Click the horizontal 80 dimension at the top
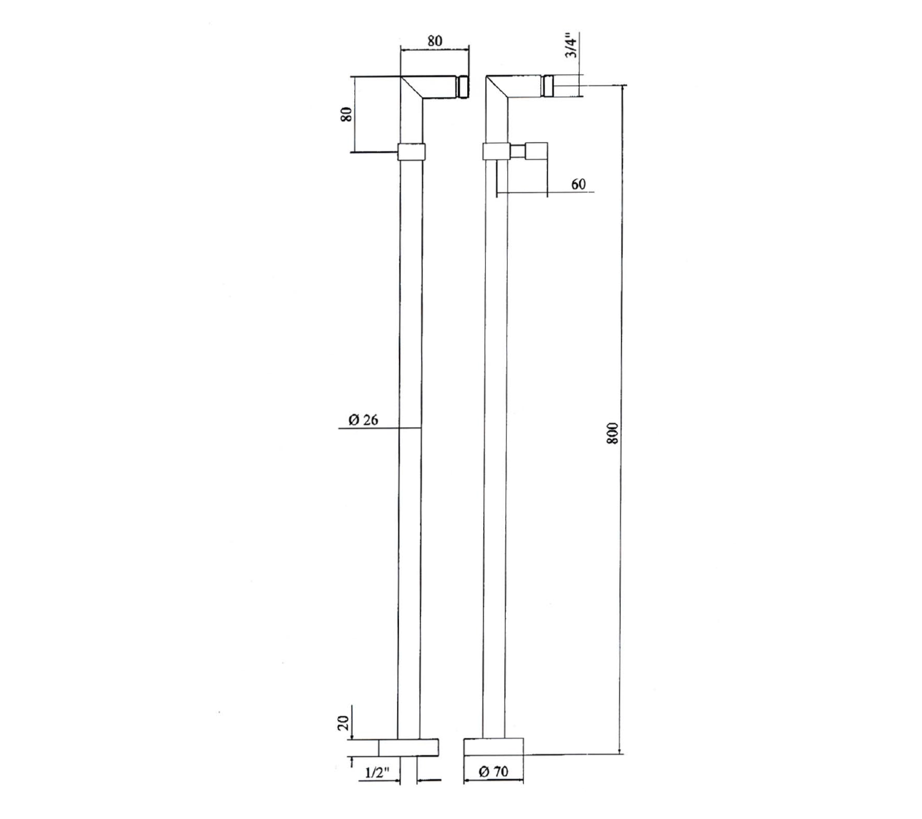point(434,41)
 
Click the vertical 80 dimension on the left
point(346,114)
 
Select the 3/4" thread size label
point(570,45)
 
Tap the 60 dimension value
point(578,184)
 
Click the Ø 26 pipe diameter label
point(363,419)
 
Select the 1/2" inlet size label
point(378,772)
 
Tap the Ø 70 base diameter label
point(494,771)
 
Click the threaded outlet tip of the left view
point(463,87)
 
